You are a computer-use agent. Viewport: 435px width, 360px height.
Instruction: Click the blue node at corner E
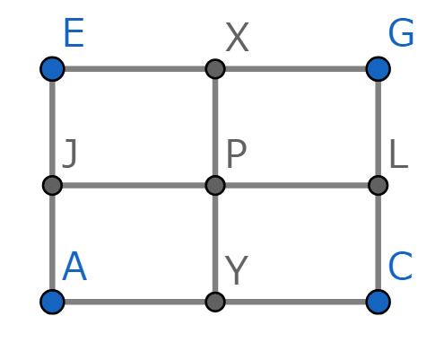tap(52, 69)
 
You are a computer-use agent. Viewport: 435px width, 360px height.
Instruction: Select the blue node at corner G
tap(378, 69)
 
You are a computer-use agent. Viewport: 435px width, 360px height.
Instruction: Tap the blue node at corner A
tap(52, 302)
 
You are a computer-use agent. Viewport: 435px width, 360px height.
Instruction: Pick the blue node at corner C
tap(378, 302)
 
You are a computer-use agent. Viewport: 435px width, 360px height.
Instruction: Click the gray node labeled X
tap(215, 69)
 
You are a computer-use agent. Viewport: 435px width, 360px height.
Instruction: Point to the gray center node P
tap(215, 186)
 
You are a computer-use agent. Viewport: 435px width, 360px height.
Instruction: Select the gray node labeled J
tap(52, 186)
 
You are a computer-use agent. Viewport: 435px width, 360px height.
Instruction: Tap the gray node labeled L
tap(378, 186)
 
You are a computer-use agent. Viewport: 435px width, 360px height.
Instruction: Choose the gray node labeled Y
tap(215, 302)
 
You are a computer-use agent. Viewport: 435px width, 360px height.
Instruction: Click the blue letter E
tap(74, 32)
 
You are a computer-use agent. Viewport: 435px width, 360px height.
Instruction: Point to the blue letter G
tap(401, 32)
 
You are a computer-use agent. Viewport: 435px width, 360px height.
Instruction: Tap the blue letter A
tap(74, 266)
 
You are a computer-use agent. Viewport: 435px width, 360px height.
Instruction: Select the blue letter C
tap(400, 266)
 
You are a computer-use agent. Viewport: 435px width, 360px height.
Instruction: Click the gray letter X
tap(237, 38)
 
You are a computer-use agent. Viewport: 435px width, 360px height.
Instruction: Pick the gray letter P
tap(237, 154)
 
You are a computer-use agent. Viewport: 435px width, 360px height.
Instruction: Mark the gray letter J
tap(70, 154)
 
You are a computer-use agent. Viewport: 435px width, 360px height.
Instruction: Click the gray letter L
tap(399, 154)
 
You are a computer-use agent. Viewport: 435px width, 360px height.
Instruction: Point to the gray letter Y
tap(237, 271)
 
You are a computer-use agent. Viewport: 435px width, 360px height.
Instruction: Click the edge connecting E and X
tap(134, 69)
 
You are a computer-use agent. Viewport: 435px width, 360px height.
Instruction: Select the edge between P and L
tap(297, 186)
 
